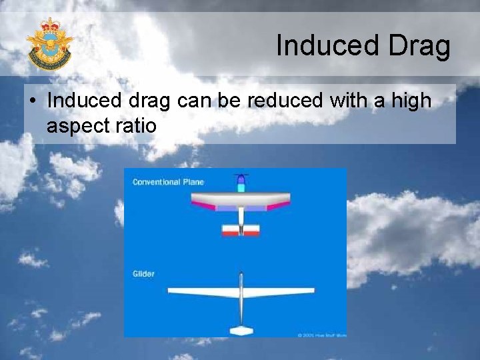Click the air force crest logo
(x=49, y=43)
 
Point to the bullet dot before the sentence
(x=33, y=102)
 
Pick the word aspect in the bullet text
(x=78, y=125)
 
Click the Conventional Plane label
(x=168, y=182)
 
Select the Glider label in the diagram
(x=143, y=274)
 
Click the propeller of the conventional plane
(x=241, y=177)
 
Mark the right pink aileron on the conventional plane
(x=278, y=206)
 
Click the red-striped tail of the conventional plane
(x=241, y=230)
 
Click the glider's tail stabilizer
(x=241, y=330)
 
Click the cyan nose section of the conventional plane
(x=241, y=188)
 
